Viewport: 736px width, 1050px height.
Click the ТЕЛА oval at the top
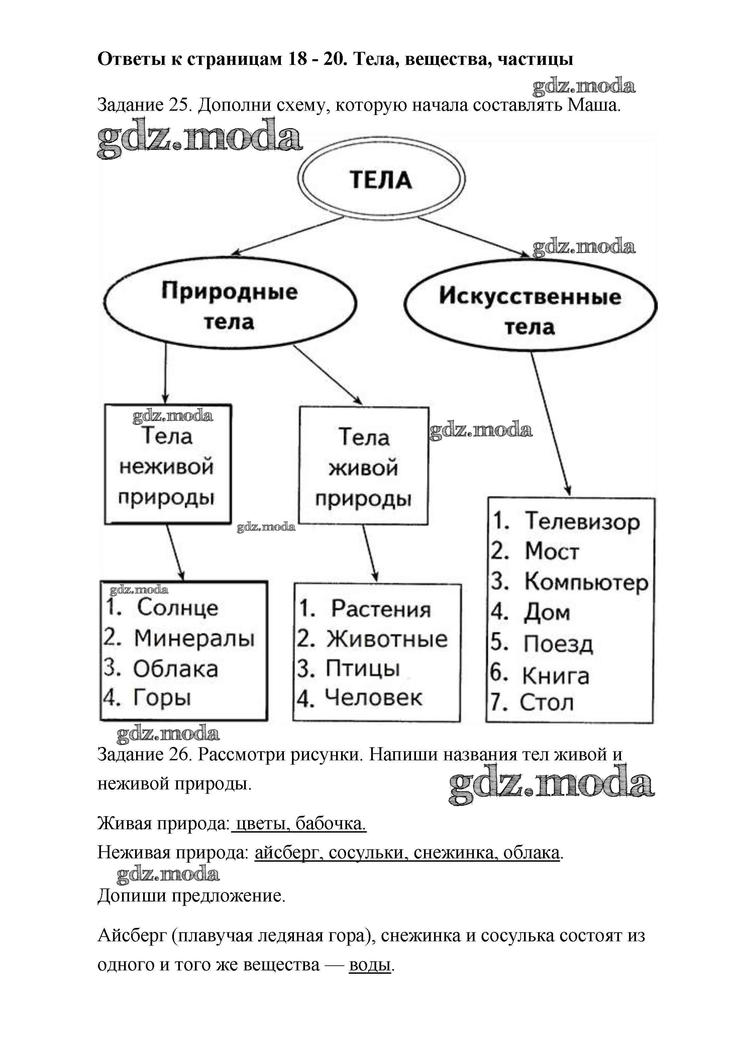pos(381,179)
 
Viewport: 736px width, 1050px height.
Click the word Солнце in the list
pos(177,607)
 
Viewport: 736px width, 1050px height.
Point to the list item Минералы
pos(194,638)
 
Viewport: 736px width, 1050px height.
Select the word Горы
pos(162,698)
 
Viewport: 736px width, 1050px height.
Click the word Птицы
pos(362,669)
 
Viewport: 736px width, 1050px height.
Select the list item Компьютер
pos(586,582)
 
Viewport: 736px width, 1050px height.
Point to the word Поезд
pos(558,644)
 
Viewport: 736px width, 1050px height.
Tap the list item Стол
pos(546,702)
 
